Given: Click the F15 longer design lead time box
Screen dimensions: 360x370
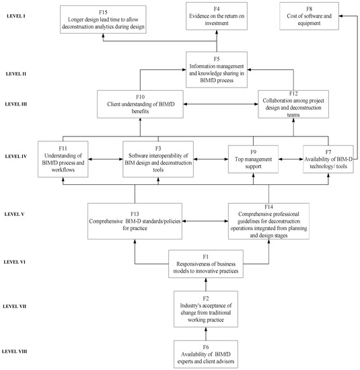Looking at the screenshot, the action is [x=103, y=20].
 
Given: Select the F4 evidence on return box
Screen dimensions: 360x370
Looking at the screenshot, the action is [x=217, y=16].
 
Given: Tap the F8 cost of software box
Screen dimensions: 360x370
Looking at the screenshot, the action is [x=309, y=16].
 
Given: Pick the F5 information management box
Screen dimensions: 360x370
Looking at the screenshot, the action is [x=217, y=69].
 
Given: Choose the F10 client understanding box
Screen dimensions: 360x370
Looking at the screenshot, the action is [x=140, y=104].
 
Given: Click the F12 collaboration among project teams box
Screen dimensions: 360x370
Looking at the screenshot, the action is [x=293, y=104].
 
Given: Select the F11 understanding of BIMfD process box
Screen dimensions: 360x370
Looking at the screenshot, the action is [x=63, y=159].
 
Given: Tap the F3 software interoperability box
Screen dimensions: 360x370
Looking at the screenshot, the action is [x=158, y=159].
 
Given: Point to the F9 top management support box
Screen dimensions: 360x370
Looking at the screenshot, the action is [x=253, y=159].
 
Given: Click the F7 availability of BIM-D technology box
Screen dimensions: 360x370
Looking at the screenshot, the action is [x=328, y=159].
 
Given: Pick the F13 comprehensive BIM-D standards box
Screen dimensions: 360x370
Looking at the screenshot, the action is [x=135, y=221].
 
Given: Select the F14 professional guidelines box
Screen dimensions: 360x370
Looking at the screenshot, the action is [x=268, y=221].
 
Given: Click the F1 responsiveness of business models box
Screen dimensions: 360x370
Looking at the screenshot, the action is [x=206, y=264].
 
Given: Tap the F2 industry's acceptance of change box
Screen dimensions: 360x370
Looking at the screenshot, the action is [x=206, y=309].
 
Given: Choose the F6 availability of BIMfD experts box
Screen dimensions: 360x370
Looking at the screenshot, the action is [x=206, y=354].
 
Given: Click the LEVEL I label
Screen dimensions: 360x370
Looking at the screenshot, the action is [x=16, y=16].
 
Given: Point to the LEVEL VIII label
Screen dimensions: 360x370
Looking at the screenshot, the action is [x=14, y=351].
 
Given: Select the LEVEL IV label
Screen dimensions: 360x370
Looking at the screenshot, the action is [x=16, y=156].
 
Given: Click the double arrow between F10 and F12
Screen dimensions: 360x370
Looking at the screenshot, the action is [x=221, y=104].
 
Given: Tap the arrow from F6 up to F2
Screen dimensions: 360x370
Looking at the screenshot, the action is [x=206, y=334].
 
